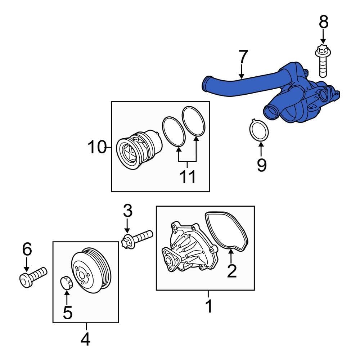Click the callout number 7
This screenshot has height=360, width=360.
[243, 57]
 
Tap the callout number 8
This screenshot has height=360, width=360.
[324, 22]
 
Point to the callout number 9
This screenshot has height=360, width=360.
[261, 165]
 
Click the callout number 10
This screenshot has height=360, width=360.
[97, 147]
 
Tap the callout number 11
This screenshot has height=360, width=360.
[188, 177]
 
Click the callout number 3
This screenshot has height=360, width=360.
[128, 211]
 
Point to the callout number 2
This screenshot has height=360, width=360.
[231, 271]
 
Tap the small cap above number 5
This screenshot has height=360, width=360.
[66, 282]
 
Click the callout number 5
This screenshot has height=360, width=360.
[67, 312]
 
